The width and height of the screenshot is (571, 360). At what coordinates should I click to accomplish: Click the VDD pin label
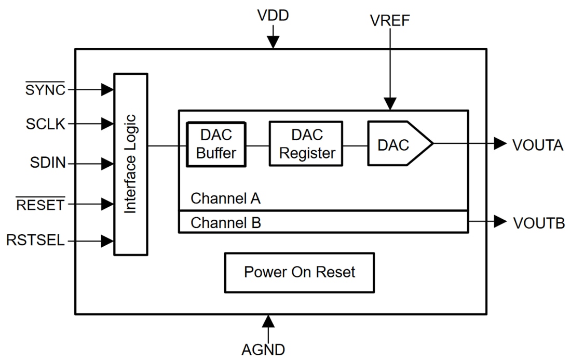(x=273, y=16)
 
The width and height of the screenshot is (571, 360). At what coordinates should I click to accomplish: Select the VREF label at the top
(x=390, y=20)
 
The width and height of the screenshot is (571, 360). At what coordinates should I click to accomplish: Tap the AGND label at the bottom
(x=263, y=349)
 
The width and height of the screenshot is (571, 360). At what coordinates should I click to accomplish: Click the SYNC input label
(x=46, y=90)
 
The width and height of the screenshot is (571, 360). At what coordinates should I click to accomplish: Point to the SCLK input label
(x=46, y=124)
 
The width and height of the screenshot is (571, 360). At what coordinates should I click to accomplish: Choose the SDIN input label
(x=48, y=164)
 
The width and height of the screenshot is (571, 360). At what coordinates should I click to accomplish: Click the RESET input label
(x=41, y=204)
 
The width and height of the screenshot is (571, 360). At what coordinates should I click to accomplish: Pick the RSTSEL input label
(x=36, y=241)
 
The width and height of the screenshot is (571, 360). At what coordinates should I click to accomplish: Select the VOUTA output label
(x=538, y=145)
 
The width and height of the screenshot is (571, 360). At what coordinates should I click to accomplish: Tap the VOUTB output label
(x=539, y=223)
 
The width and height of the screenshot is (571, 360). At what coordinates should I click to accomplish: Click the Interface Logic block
(x=131, y=164)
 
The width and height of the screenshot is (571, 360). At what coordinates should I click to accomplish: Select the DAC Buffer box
(x=216, y=144)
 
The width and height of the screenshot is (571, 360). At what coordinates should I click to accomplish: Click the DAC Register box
(x=306, y=144)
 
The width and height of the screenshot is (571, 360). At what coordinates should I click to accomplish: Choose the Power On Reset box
(x=299, y=272)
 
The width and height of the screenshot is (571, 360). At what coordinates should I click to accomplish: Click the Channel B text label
(x=226, y=223)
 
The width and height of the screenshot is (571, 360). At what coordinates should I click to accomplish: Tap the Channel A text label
(x=225, y=198)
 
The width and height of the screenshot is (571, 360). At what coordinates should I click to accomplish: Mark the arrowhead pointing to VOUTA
(x=500, y=144)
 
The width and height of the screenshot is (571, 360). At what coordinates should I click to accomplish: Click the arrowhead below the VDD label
(x=273, y=42)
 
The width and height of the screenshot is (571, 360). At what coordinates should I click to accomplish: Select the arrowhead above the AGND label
(x=268, y=321)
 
